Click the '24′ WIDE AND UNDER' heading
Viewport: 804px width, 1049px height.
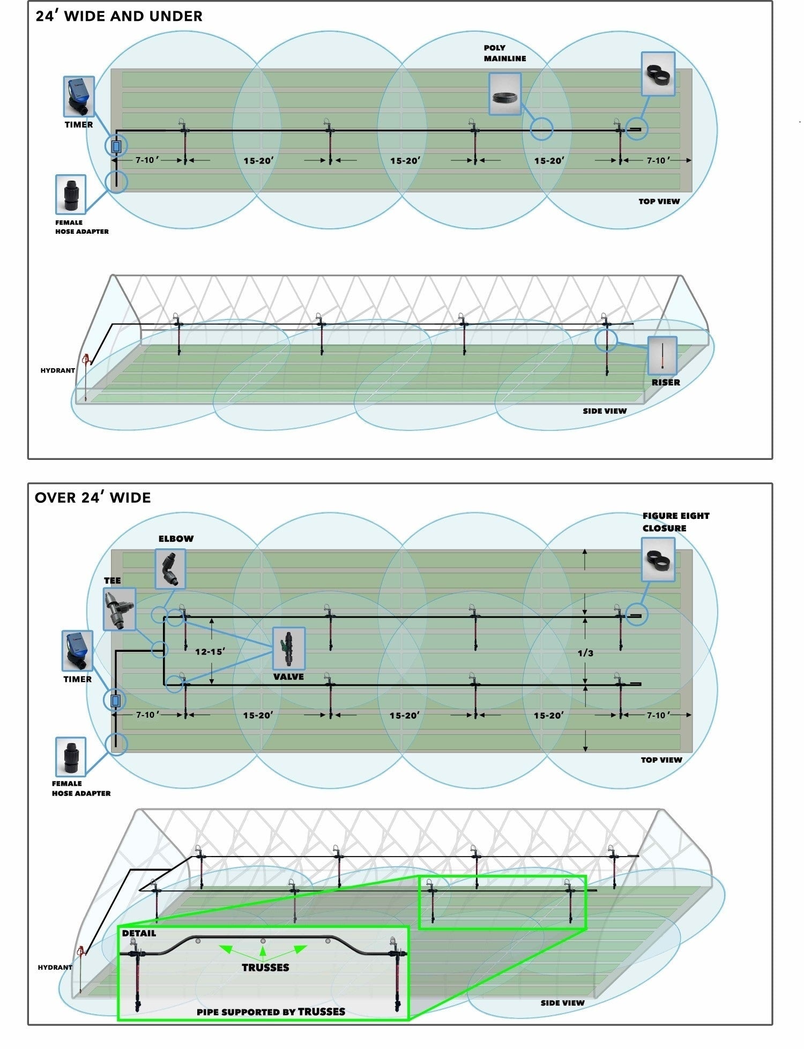(119, 16)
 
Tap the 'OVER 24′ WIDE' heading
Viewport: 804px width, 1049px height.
(93, 497)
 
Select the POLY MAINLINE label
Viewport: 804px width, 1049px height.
(504, 53)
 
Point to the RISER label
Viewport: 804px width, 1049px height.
(666, 382)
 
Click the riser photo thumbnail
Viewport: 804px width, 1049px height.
(662, 355)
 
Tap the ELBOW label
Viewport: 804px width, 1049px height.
(176, 539)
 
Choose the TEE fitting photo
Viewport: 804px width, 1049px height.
(120, 609)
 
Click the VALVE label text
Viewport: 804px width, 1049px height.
(288, 676)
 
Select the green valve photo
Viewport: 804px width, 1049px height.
(289, 649)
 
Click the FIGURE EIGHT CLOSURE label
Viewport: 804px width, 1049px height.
(675, 522)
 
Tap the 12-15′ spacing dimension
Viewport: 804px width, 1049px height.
(210, 652)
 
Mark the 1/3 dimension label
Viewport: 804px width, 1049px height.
(585, 653)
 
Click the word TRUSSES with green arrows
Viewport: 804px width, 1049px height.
(265, 967)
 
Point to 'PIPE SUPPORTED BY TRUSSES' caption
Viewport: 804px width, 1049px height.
(271, 1011)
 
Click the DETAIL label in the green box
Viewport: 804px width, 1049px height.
(139, 933)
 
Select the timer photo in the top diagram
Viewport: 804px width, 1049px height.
(79, 96)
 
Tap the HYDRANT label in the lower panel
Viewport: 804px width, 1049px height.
(55, 967)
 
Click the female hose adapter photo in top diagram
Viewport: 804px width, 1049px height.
(71, 194)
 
